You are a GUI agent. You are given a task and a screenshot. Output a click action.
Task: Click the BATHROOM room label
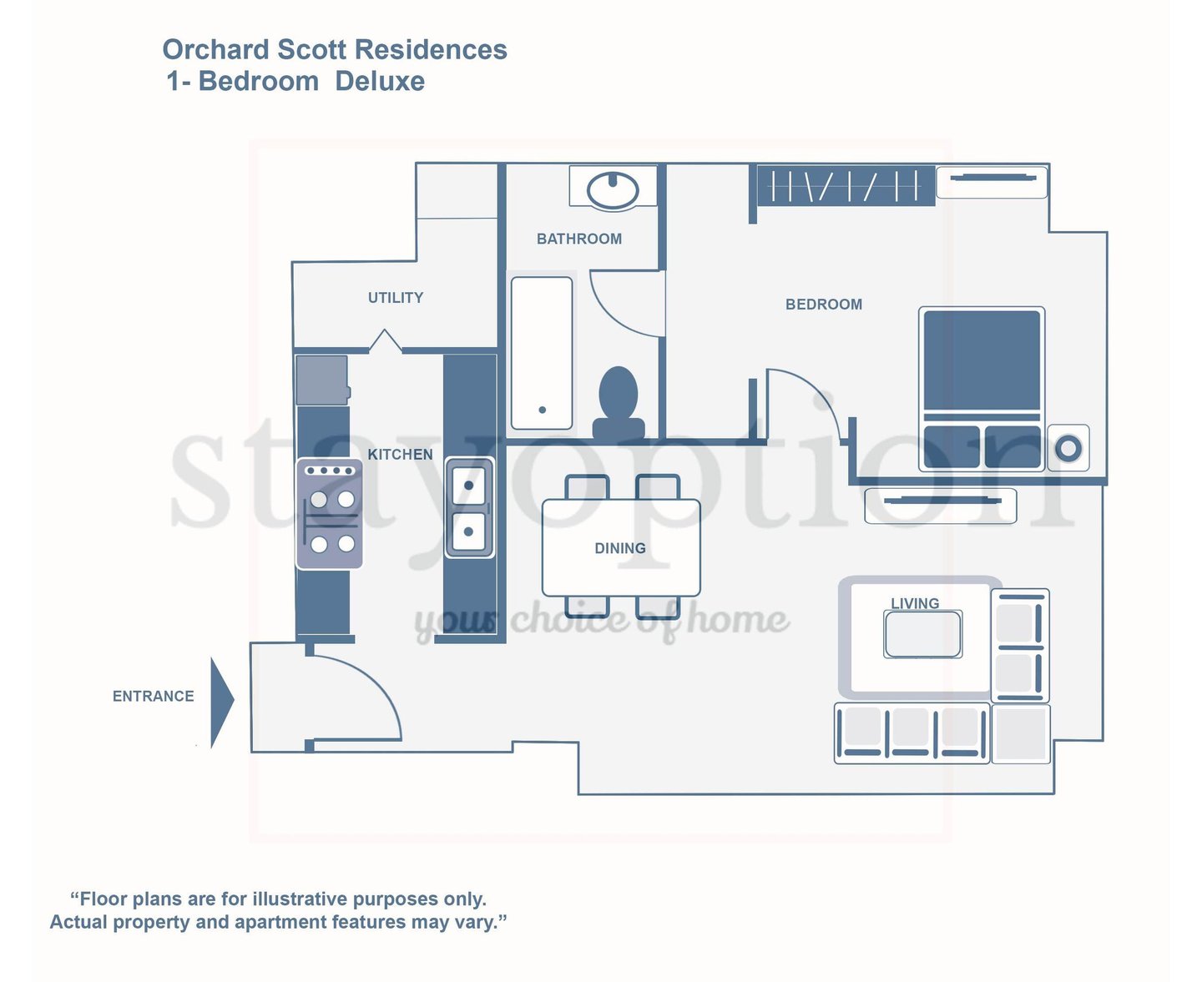coord(578,239)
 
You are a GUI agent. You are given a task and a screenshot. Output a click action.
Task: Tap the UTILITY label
coord(396,298)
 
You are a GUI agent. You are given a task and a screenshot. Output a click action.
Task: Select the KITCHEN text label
coord(400,455)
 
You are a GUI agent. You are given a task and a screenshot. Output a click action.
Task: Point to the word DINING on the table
coord(619,548)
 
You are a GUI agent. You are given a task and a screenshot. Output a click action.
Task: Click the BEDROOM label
coord(823,305)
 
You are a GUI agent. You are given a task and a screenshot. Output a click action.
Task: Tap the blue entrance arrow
coord(221,702)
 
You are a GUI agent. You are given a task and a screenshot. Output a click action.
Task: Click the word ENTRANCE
coord(154,696)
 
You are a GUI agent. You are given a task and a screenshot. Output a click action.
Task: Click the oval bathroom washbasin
coord(613,189)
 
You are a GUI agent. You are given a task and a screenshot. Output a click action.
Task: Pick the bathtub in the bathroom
coord(542,353)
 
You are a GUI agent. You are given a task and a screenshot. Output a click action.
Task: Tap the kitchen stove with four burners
coord(331,514)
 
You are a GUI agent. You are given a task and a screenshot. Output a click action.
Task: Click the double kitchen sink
coord(469,506)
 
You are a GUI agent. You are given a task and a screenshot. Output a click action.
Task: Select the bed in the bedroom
coord(982,388)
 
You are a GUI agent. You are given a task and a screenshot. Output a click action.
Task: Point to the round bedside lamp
coord(1068,448)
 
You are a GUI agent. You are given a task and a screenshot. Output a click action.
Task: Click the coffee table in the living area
coord(922,634)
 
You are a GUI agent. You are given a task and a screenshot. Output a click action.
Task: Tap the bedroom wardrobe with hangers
coord(845,185)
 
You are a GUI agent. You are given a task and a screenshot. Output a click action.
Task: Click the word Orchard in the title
coord(215,50)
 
